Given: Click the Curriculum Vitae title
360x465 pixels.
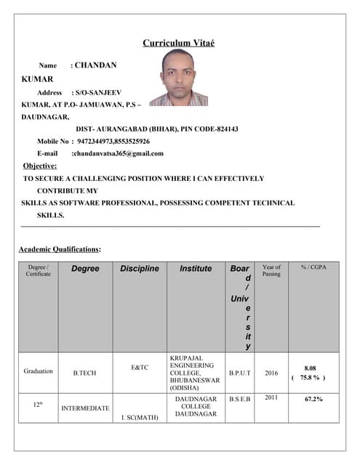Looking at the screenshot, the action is pyautogui.click(x=178, y=43).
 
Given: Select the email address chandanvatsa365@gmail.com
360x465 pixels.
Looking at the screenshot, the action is pyautogui.click(x=118, y=153).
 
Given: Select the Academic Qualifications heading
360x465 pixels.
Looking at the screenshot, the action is pyautogui.click(x=60, y=250).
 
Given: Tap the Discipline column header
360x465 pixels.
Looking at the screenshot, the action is pyautogui.click(x=140, y=269).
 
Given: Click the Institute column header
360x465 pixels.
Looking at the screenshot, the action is pyautogui.click(x=196, y=269).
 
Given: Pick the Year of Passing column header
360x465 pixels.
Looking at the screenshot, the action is pyautogui.click(x=271, y=270).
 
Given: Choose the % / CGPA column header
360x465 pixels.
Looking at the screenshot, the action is pyautogui.click(x=313, y=267).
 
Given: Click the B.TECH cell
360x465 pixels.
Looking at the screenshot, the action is pyautogui.click(x=85, y=372).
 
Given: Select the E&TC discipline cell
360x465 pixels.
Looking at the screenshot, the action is pyautogui.click(x=140, y=368).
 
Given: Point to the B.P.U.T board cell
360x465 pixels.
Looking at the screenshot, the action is pyautogui.click(x=240, y=372).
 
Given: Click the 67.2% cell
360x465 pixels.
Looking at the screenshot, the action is pyautogui.click(x=313, y=399).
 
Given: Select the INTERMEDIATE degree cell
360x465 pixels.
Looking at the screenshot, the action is pyautogui.click(x=85, y=408).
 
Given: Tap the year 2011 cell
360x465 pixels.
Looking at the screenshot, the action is pyautogui.click(x=271, y=397).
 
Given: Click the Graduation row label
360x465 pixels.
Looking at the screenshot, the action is pyautogui.click(x=39, y=371).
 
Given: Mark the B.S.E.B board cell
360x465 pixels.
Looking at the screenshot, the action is pyautogui.click(x=240, y=398).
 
